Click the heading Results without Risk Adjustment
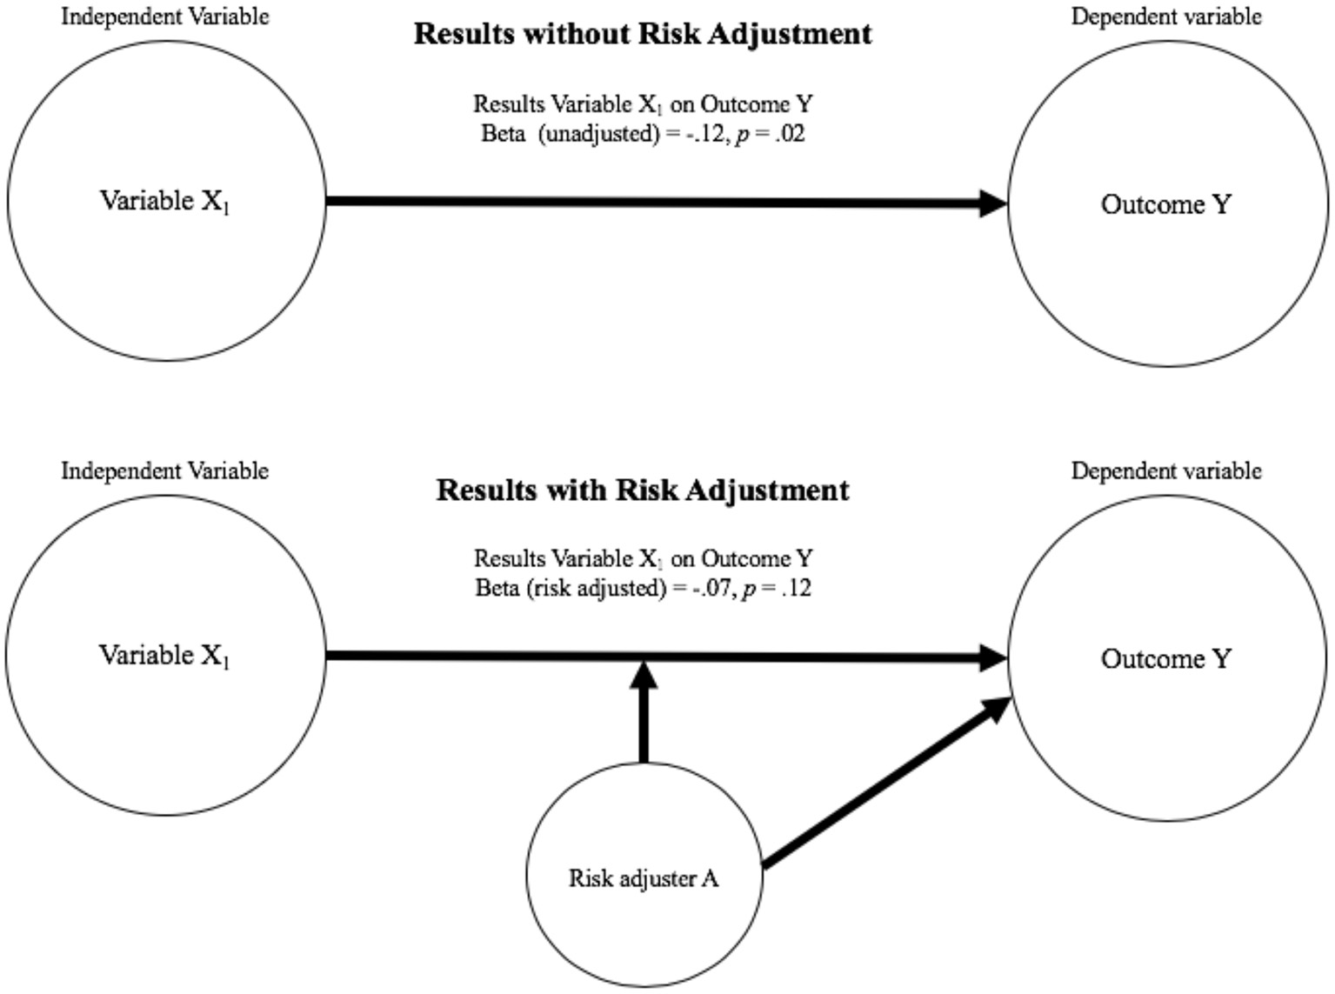642,34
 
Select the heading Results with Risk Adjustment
642,490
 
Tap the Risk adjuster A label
644,878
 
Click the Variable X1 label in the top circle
164,202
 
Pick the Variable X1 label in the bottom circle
164,656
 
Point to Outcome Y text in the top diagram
1166,204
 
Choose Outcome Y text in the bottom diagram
1166,659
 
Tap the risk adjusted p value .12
796,589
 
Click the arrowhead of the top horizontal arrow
992,203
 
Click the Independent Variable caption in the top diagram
164,17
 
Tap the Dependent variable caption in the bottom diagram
1165,471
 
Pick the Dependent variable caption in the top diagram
1165,17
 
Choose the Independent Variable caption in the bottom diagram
164,471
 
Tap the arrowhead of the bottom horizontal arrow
992,658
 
